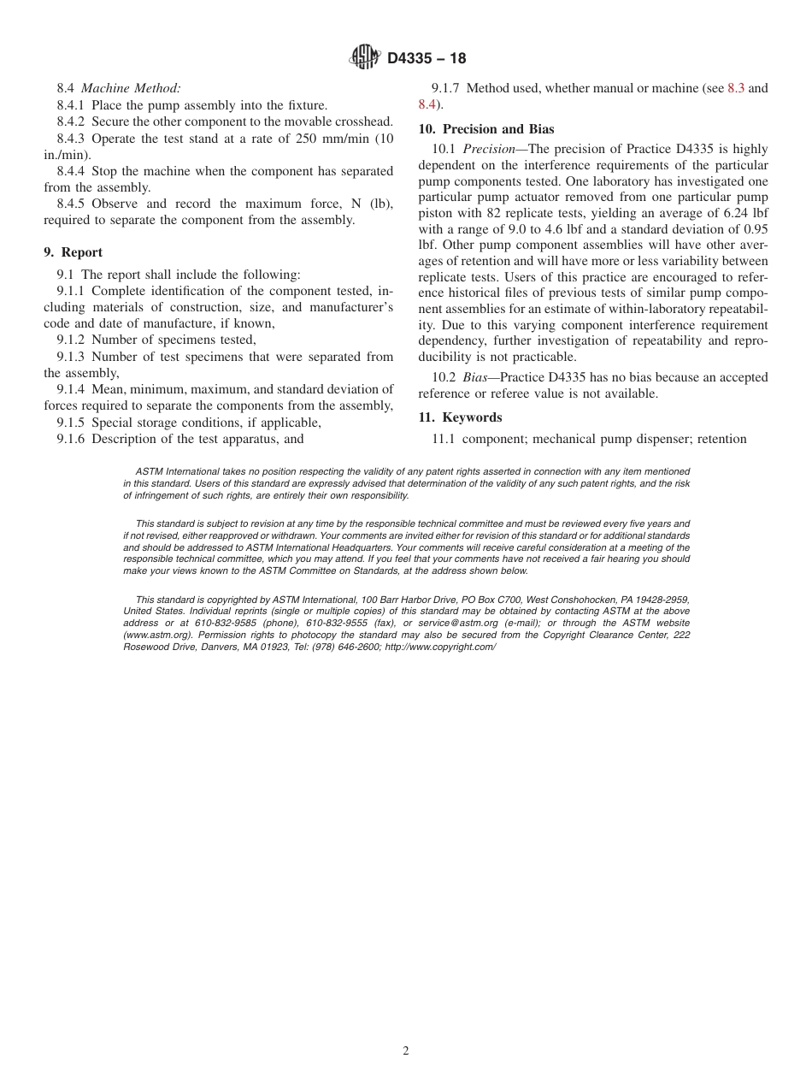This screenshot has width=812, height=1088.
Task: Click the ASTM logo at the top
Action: coord(365,58)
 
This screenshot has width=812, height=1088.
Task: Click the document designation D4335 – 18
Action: coord(427,59)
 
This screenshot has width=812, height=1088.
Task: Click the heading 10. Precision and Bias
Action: coord(485,129)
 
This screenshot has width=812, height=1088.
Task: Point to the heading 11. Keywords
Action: coord(460,417)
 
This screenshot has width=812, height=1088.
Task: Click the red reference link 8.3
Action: coord(736,88)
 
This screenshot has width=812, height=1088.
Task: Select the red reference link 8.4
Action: coord(427,104)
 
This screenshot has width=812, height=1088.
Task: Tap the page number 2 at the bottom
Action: coord(406,1051)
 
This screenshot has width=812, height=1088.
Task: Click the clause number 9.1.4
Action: coord(72,390)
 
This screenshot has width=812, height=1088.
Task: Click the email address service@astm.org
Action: coord(458,624)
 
